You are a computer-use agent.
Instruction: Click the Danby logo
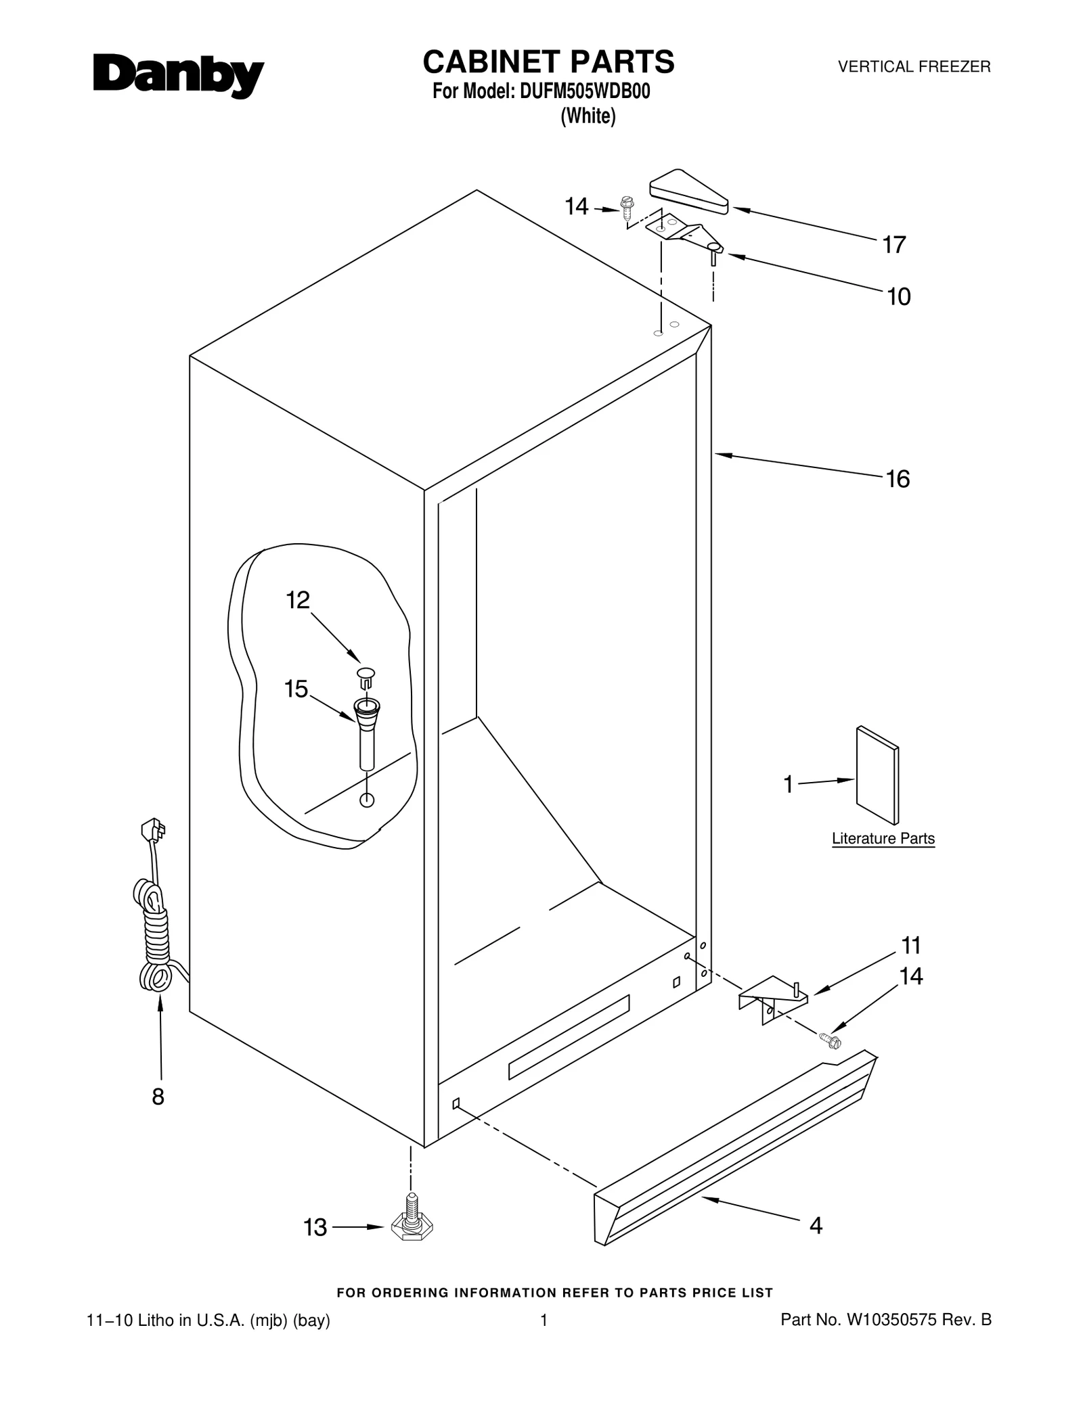pyautogui.click(x=178, y=76)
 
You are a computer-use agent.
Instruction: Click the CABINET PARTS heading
pyautogui.click(x=548, y=62)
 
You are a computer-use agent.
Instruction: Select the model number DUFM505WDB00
pyautogui.click(x=584, y=91)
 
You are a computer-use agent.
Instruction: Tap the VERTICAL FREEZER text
pyautogui.click(x=914, y=67)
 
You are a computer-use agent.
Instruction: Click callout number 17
pyautogui.click(x=893, y=245)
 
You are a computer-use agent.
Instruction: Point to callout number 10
pyautogui.click(x=898, y=297)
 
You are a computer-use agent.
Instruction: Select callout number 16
pyautogui.click(x=898, y=479)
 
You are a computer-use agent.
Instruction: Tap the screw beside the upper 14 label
pyautogui.click(x=627, y=208)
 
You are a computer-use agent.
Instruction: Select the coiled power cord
pyautogui.click(x=154, y=937)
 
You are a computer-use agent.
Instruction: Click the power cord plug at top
pyautogui.click(x=153, y=830)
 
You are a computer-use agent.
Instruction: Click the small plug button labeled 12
pyautogui.click(x=366, y=675)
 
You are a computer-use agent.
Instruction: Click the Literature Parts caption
pyautogui.click(x=883, y=838)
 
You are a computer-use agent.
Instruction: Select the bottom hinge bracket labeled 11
pyautogui.click(x=772, y=998)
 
